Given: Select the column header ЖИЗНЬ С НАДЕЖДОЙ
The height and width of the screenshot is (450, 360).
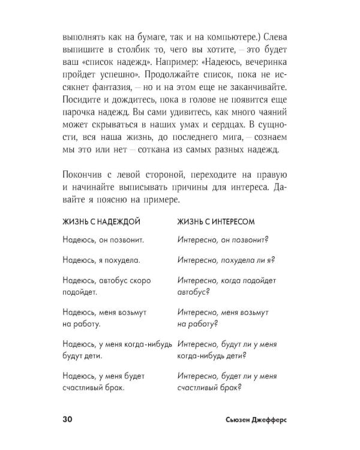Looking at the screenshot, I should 101,221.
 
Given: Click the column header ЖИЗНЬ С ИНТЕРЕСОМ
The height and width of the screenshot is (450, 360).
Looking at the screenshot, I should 216,221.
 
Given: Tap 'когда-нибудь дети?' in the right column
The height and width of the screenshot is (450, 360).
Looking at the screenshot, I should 213,357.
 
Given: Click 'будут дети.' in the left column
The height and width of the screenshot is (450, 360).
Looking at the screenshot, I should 83,357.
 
